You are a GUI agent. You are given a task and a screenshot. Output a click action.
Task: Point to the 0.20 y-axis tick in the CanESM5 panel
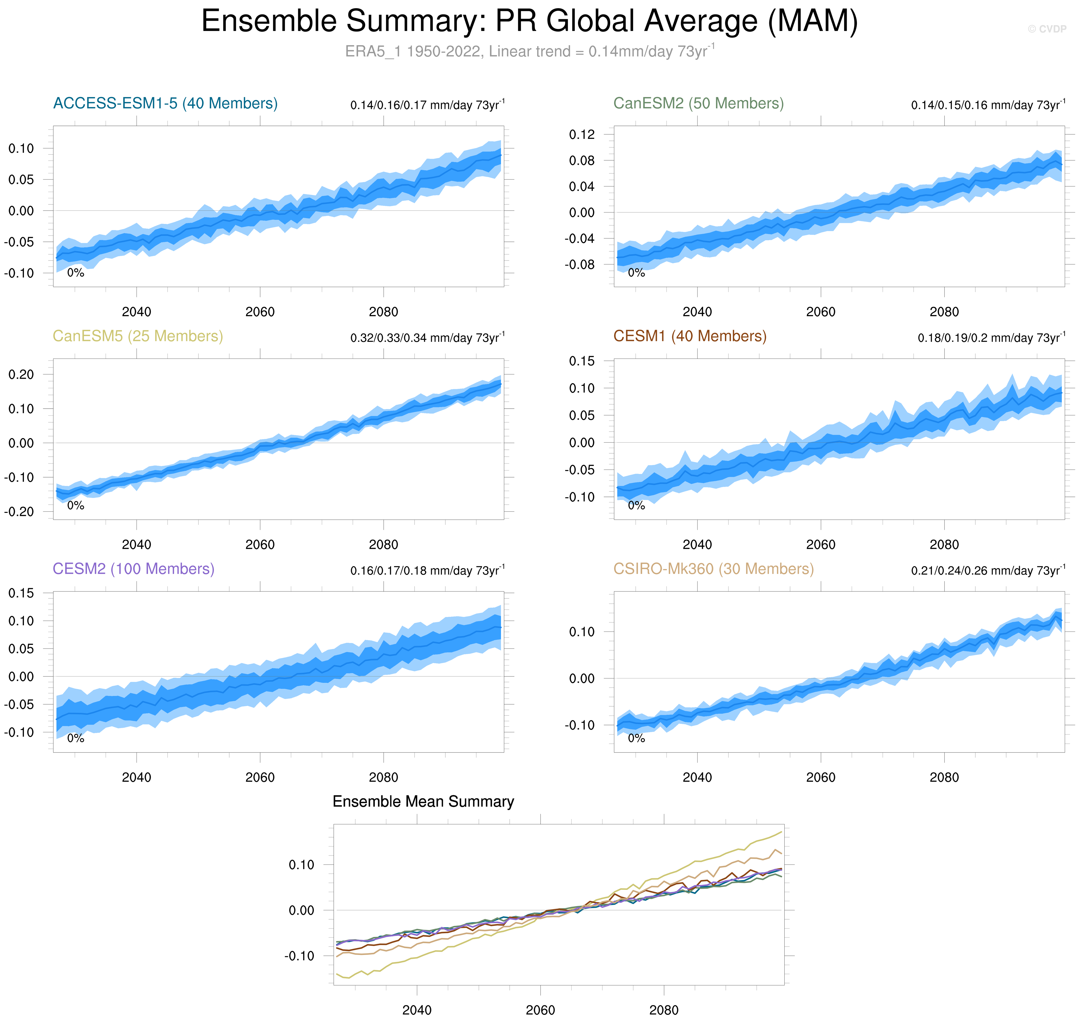point(21,375)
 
